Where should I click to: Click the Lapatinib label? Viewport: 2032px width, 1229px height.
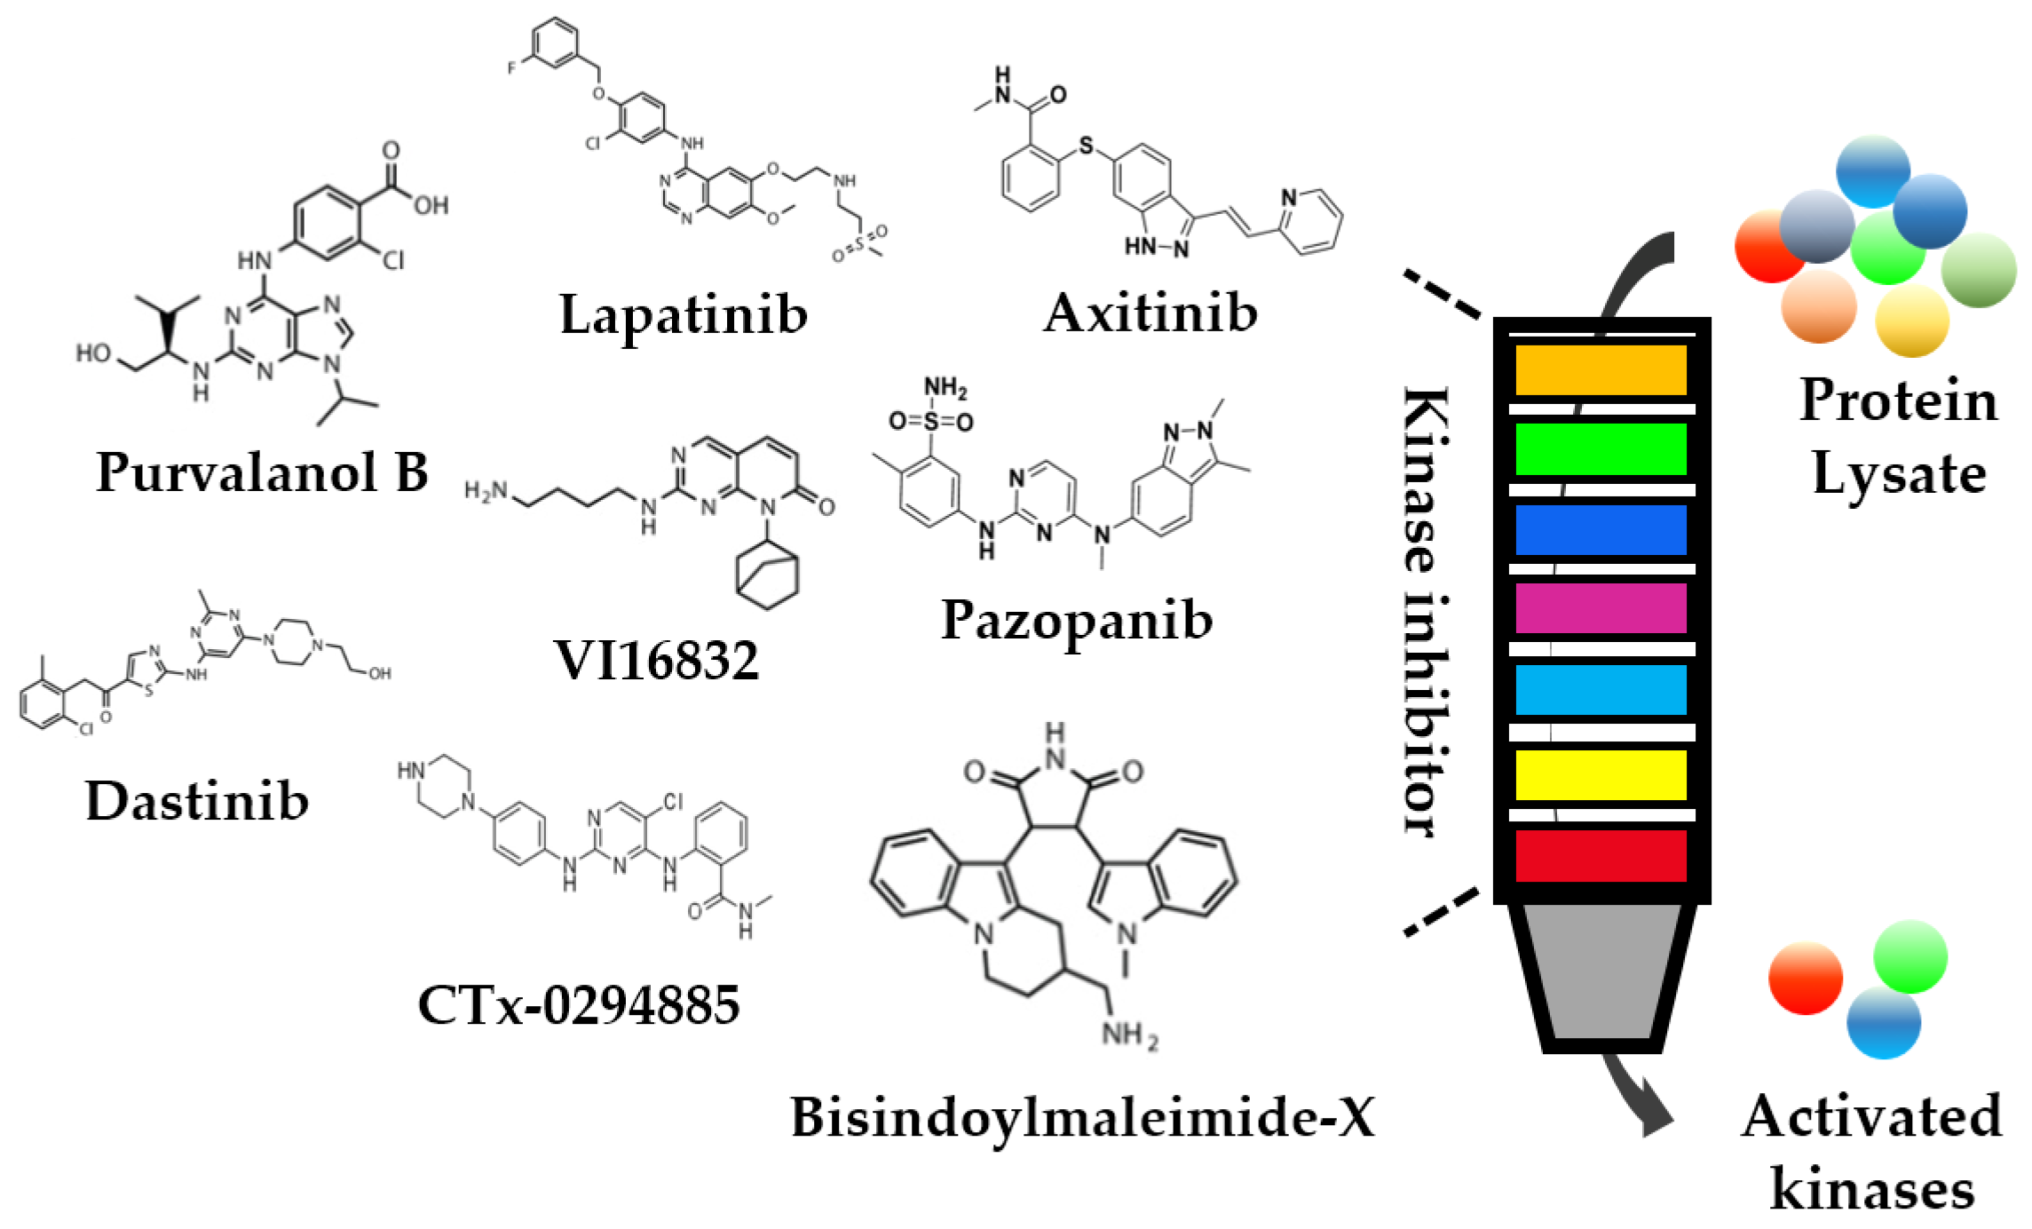(x=683, y=314)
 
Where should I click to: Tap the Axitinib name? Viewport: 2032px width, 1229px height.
(x=1150, y=313)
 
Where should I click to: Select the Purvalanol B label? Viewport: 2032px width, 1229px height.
(x=262, y=472)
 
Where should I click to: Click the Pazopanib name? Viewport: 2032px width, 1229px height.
(x=1076, y=620)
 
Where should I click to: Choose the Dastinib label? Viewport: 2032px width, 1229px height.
(x=197, y=801)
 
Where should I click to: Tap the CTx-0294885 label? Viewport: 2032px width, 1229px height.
(x=579, y=1005)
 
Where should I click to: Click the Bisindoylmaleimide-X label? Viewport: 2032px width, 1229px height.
(x=1082, y=1116)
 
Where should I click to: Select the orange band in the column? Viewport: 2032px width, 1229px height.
(x=1601, y=370)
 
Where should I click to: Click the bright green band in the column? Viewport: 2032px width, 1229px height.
(x=1601, y=449)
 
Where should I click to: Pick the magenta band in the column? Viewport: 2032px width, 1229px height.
(x=1601, y=608)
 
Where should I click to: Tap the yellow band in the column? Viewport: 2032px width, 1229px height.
(x=1601, y=775)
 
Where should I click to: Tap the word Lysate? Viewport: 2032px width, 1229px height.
(x=1899, y=473)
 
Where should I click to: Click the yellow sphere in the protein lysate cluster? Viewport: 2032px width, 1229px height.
(x=1911, y=321)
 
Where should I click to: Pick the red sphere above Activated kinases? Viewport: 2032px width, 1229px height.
(x=1805, y=978)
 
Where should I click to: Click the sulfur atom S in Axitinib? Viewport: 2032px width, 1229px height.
(x=1086, y=146)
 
